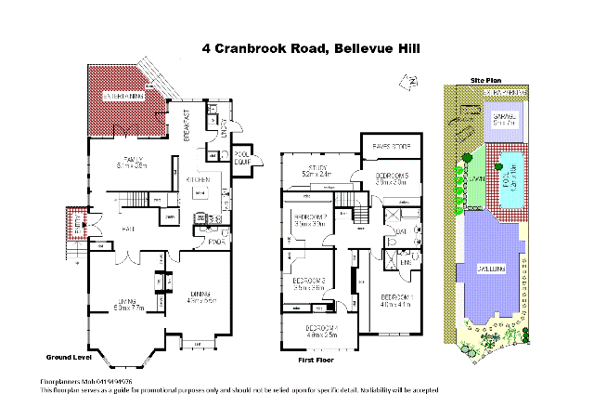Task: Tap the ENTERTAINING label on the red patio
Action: point(123,96)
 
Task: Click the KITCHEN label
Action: point(200,179)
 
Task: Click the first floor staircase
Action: point(347,210)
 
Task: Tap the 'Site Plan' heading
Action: point(485,81)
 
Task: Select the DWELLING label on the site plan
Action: point(491,268)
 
